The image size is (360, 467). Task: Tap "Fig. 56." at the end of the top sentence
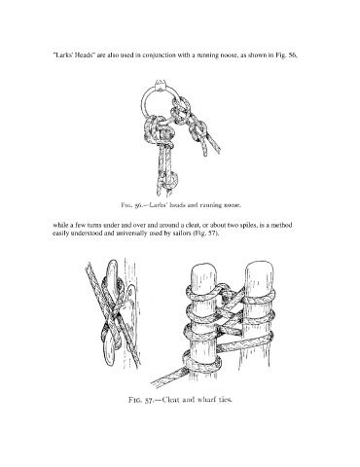286,54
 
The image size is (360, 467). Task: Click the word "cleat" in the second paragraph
191,225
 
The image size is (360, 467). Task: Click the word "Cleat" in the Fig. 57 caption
170,400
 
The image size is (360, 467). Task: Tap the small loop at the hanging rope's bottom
171,179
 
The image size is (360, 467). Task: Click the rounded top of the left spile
204,273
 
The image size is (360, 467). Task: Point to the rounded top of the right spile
259,272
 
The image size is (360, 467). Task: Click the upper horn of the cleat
112,272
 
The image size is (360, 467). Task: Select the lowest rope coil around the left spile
201,362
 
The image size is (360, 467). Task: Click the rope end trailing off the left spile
168,377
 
